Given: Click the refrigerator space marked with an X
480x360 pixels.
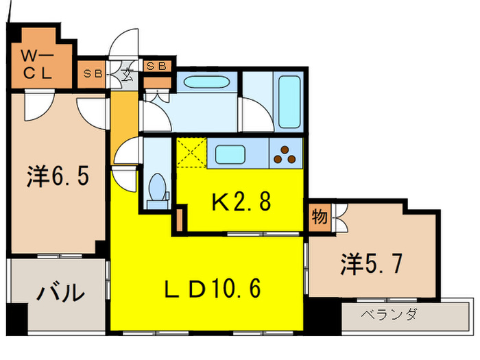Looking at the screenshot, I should click(191, 152).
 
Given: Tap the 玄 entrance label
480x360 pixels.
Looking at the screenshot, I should click(127, 74).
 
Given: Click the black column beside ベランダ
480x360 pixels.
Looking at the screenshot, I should click(331, 317).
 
